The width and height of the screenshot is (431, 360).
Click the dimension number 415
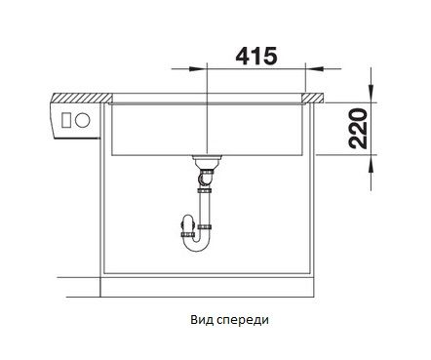click(256, 56)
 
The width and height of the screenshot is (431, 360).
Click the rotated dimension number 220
click(358, 129)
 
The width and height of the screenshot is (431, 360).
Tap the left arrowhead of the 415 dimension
click(197, 69)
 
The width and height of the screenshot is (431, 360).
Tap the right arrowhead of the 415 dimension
click(315, 69)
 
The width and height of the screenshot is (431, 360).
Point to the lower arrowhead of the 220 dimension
click(372, 164)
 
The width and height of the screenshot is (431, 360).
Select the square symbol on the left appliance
click(66, 120)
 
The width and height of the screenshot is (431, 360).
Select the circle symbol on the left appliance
click(82, 120)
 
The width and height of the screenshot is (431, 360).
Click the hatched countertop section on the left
click(82, 98)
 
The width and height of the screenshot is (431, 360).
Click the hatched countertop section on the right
click(313, 98)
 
